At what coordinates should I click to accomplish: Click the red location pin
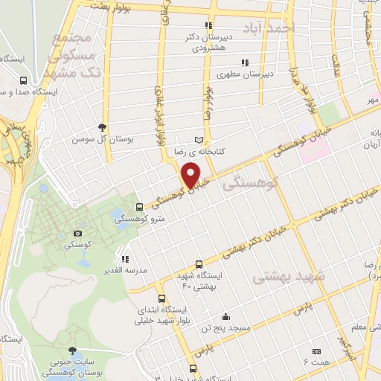pyautogui.click(x=191, y=174)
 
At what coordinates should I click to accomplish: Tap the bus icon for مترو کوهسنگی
pyautogui.click(x=140, y=208)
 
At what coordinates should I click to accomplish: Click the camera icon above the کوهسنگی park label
pyautogui.click(x=78, y=233)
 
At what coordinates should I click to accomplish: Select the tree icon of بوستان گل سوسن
pyautogui.click(x=102, y=127)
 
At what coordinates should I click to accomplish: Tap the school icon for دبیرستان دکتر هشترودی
pyautogui.click(x=209, y=25)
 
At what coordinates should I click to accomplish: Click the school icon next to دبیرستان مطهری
pyautogui.click(x=244, y=63)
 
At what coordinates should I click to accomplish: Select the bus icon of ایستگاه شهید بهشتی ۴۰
pyautogui.click(x=198, y=264)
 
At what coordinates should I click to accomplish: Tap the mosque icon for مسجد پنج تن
pyautogui.click(x=225, y=316)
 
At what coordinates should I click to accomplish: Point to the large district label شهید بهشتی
pyautogui.click(x=289, y=276)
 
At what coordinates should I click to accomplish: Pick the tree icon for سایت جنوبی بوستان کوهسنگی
pyautogui.click(x=71, y=349)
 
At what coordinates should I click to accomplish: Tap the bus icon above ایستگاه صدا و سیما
pyautogui.click(x=23, y=80)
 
